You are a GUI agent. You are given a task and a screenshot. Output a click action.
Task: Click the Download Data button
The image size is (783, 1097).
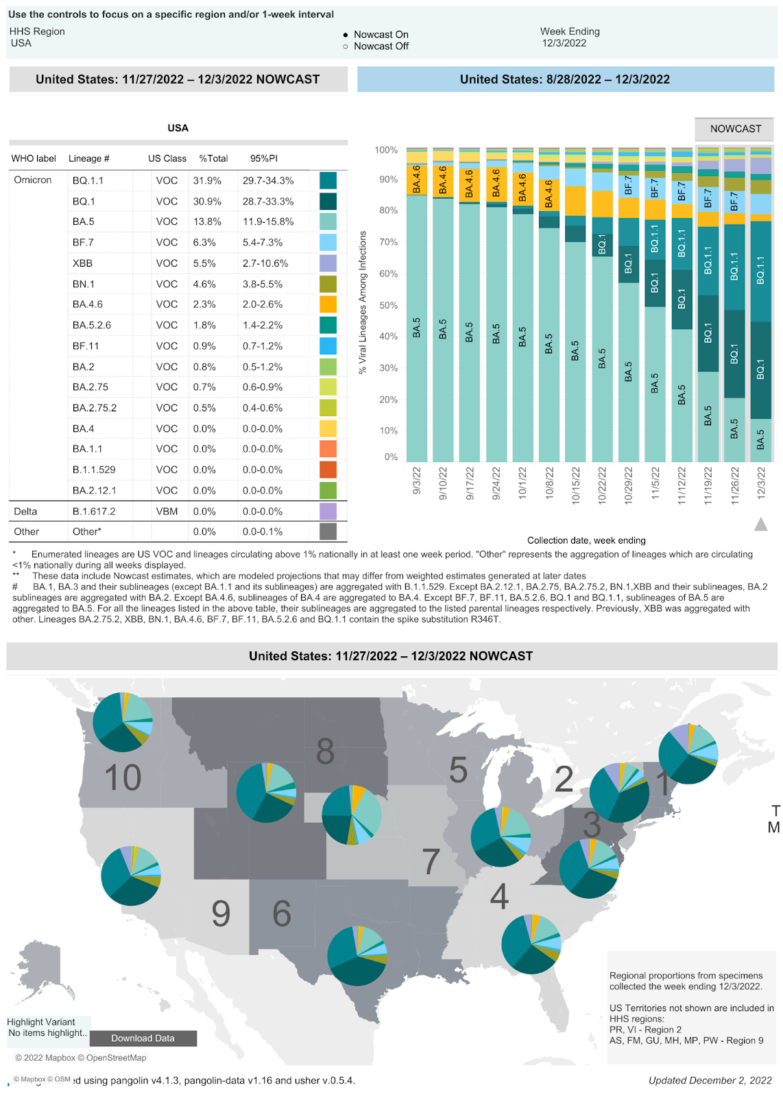point(143,1038)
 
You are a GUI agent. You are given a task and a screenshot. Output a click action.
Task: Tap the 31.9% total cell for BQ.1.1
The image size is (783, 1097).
point(207,180)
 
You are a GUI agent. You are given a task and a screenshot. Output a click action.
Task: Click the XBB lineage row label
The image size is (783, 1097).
point(82,263)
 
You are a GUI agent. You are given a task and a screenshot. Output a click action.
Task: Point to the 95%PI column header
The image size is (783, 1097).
point(263,158)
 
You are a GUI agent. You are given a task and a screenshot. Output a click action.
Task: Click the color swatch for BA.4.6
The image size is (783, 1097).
point(328,304)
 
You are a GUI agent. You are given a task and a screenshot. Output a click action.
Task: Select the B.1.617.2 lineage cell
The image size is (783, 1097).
point(94,511)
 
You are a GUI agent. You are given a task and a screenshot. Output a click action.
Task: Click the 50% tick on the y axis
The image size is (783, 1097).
point(388,305)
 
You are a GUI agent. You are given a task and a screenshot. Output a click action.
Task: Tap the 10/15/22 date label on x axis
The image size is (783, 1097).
point(576,485)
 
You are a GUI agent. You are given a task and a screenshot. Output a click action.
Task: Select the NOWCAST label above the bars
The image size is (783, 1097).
point(735,129)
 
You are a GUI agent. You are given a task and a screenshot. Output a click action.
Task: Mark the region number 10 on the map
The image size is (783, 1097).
point(123,778)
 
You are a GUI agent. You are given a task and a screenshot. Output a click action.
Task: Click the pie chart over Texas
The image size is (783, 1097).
point(357,956)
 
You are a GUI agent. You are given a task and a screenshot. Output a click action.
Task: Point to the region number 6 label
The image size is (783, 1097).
point(282,914)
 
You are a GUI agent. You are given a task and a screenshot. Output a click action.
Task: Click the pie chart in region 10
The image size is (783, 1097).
point(123,722)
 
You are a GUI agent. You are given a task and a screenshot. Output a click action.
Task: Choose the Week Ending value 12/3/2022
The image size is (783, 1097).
point(564,43)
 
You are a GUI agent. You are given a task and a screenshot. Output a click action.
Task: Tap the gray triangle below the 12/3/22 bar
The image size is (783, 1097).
point(760,525)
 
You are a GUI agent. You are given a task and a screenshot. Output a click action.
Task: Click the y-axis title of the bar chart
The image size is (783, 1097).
point(363,302)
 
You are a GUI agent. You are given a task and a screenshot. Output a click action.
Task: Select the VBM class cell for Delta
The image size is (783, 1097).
point(167,511)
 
